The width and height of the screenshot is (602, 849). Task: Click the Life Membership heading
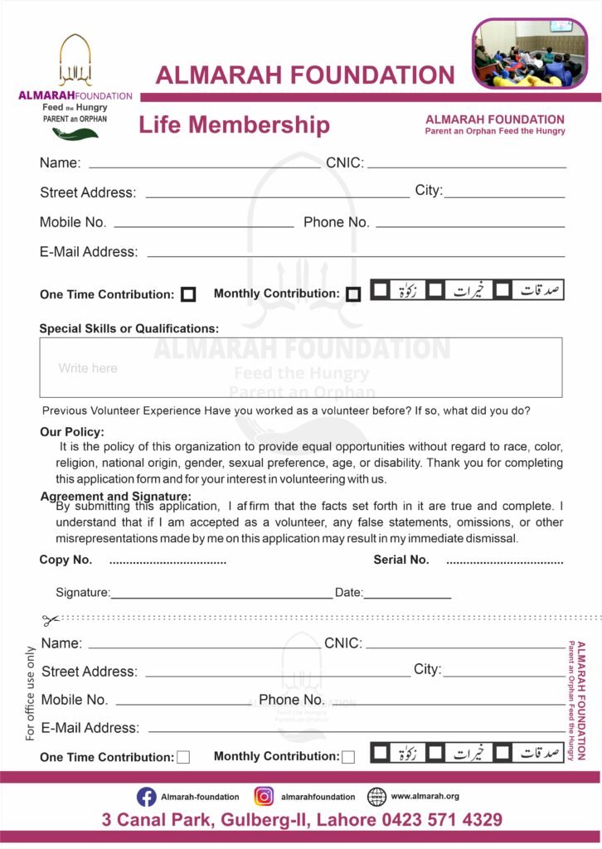[x=234, y=125]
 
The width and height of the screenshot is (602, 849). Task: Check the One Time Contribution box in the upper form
[x=188, y=294]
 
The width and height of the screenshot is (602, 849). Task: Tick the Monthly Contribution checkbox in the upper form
[x=354, y=294]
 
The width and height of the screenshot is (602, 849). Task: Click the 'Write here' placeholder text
[x=88, y=368]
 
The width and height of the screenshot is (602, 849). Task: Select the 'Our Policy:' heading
[x=72, y=432]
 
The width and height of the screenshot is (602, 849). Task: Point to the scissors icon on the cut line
[x=51, y=619]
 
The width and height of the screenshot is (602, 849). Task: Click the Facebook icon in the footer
[x=146, y=797]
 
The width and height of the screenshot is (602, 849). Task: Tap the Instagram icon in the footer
[x=264, y=797]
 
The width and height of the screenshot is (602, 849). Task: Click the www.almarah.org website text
[x=425, y=797]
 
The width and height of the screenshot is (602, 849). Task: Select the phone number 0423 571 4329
[x=441, y=820]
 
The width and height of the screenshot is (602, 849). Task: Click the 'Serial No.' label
[x=401, y=560]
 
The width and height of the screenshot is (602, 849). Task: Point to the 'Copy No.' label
[x=66, y=560]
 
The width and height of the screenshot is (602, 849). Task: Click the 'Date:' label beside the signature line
[x=348, y=593]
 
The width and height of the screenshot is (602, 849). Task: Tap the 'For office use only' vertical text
[x=31, y=693]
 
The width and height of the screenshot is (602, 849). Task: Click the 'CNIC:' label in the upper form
[x=344, y=163]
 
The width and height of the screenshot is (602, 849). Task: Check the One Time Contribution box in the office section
[x=183, y=757]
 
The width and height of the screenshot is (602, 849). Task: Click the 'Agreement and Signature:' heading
[x=115, y=497]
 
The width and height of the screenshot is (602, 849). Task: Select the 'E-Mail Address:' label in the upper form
[x=89, y=252]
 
